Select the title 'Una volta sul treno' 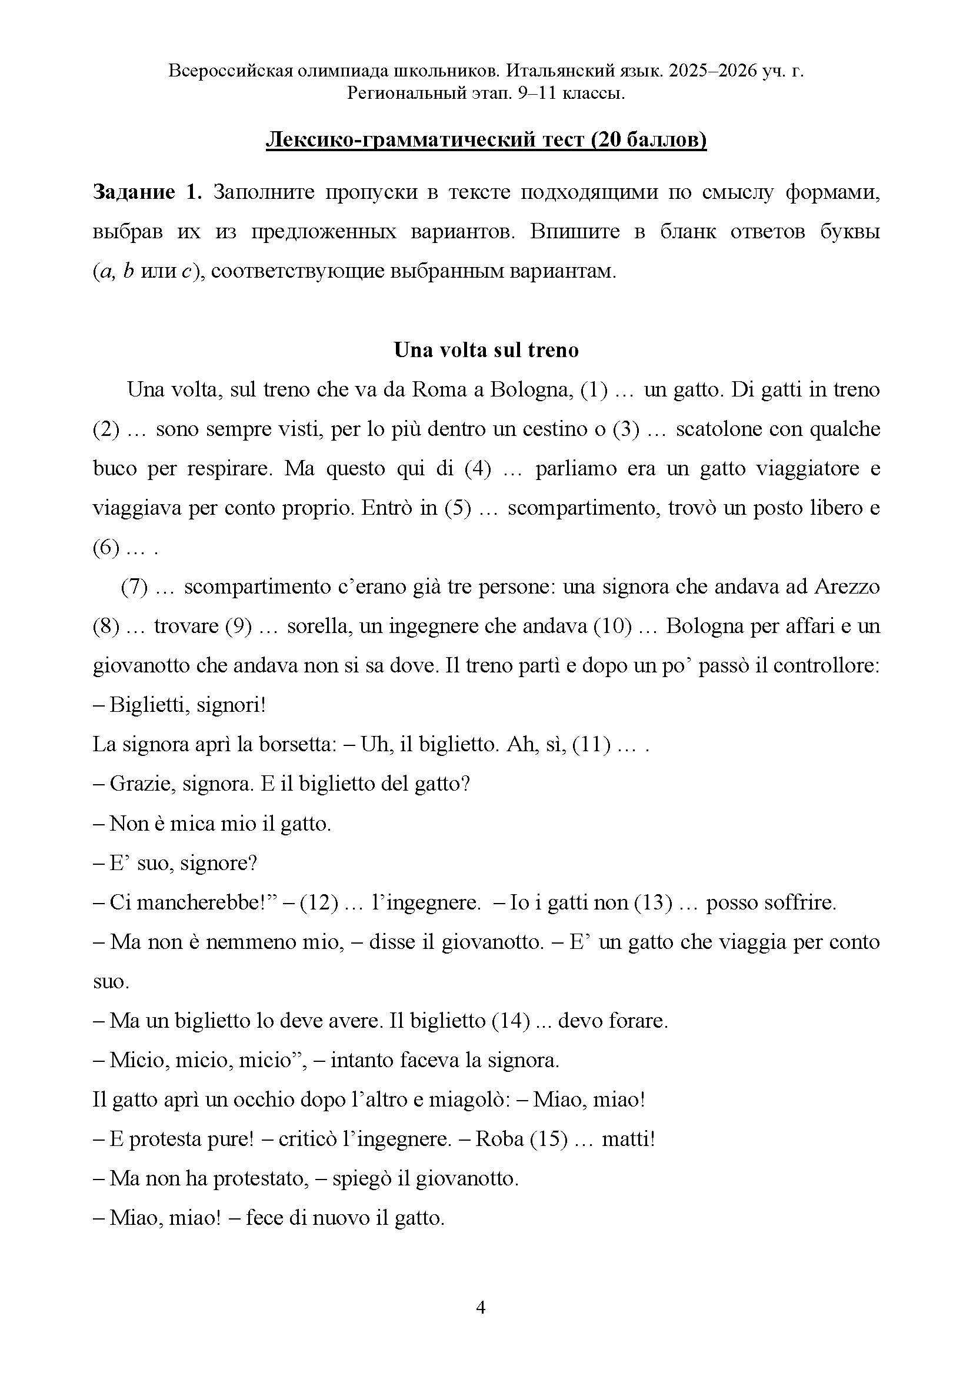[486, 350]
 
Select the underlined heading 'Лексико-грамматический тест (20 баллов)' [486, 140]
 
